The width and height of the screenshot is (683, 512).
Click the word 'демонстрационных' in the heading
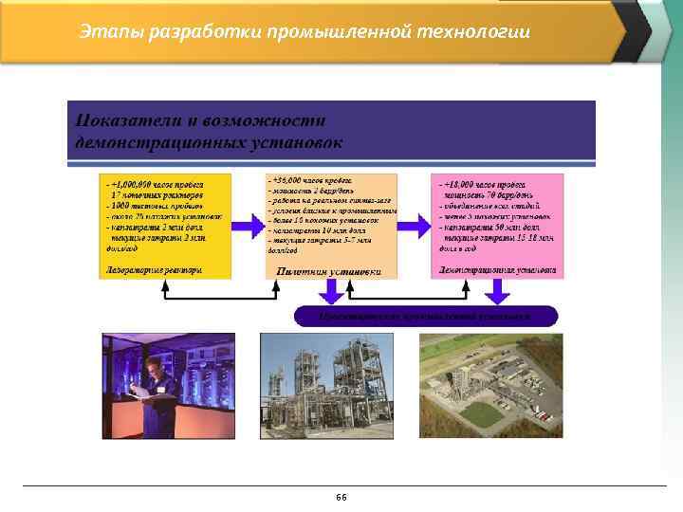(x=157, y=142)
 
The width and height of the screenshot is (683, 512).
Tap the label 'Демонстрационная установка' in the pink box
(x=497, y=269)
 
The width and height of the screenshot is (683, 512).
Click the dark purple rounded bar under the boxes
(x=426, y=316)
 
